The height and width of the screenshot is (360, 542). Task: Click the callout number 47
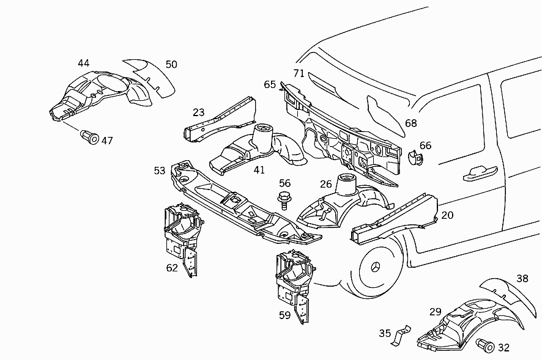107,141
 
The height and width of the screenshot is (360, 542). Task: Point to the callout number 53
160,171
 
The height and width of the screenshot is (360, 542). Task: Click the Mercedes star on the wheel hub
376,268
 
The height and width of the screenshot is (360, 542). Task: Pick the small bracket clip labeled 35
401,335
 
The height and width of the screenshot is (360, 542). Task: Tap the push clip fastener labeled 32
486,345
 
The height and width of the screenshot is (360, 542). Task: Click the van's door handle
480,173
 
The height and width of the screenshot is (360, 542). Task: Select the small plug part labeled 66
415,157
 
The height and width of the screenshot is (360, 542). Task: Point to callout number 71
299,73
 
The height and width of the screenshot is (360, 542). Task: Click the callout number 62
172,268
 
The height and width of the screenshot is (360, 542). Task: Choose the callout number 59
285,315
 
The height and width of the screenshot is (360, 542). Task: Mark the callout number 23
199,112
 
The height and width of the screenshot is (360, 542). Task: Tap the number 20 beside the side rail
447,215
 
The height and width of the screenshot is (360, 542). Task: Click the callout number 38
522,278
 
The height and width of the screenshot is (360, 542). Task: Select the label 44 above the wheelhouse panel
84,63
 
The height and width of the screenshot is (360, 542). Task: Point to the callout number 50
171,65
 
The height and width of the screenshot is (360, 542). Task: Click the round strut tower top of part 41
264,128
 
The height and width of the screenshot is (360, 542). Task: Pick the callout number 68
411,123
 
